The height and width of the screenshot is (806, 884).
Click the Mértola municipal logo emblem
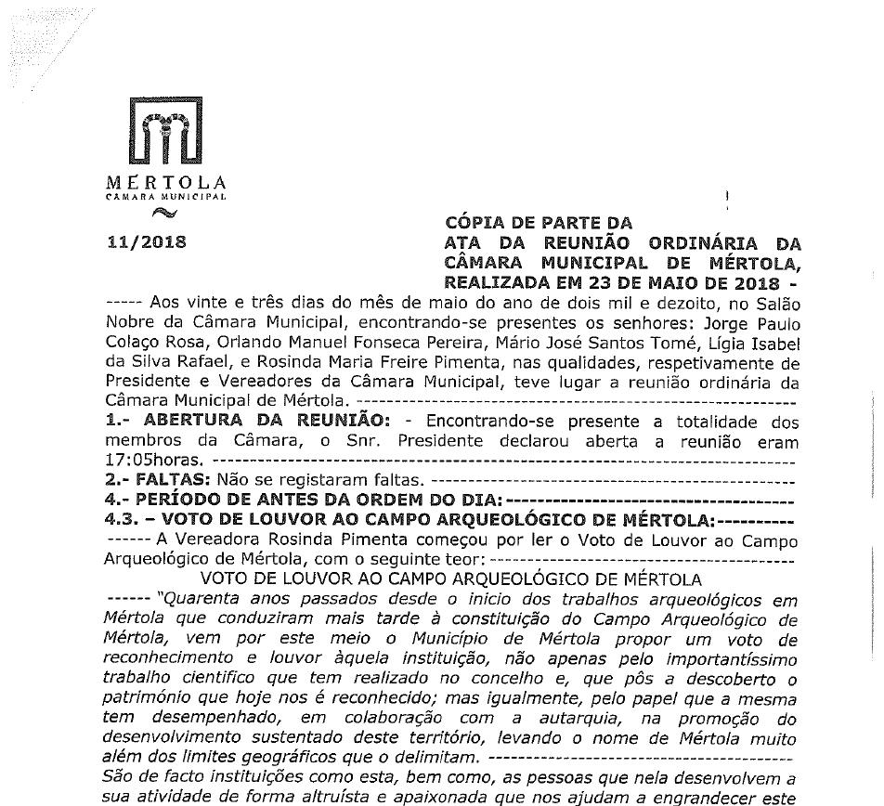(x=165, y=136)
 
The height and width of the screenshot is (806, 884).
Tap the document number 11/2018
(x=147, y=243)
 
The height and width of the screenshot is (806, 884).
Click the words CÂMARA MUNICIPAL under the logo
(x=165, y=197)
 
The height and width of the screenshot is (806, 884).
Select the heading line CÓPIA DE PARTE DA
(x=539, y=223)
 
